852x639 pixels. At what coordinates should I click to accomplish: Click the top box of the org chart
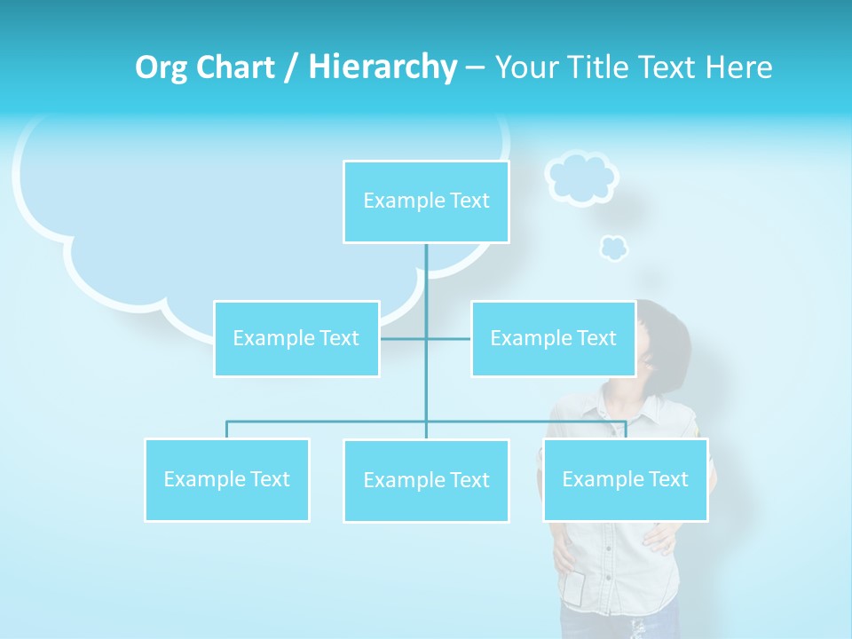pos(426,201)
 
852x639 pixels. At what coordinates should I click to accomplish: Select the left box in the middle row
pos(296,338)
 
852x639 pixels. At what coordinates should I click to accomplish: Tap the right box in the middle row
pos(553,338)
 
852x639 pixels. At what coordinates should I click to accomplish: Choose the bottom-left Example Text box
pos(227,479)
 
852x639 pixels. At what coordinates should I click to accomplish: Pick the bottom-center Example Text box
pos(426,480)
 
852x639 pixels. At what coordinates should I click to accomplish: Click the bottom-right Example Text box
pos(625,479)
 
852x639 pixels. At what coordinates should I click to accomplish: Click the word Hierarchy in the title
pos(383,67)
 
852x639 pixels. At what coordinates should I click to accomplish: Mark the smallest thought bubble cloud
pos(613,248)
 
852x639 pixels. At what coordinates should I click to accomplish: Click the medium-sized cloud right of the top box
pos(580,177)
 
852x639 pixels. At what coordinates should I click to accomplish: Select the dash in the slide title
pos(475,68)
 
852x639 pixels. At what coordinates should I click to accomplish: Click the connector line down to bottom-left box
pos(226,430)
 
